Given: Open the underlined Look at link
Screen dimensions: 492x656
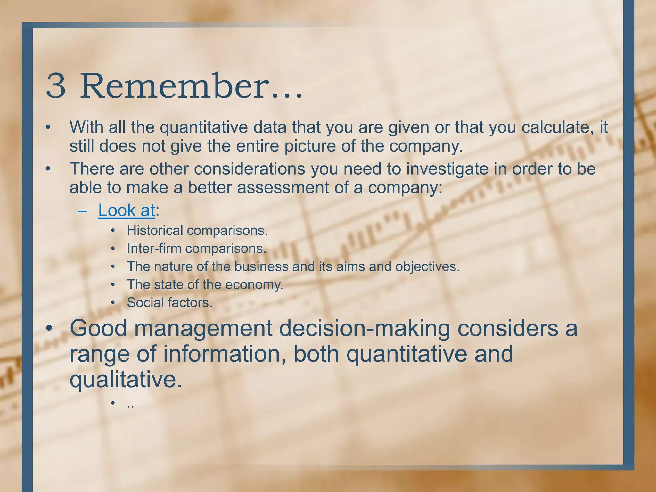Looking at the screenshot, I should click(x=127, y=210).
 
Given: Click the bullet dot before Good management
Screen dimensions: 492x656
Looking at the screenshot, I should click(x=49, y=329).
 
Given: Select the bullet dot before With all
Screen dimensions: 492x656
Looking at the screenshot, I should click(x=48, y=128).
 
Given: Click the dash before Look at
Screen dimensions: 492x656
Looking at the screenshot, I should click(x=82, y=211).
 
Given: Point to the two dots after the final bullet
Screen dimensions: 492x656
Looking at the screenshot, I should click(x=130, y=406).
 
